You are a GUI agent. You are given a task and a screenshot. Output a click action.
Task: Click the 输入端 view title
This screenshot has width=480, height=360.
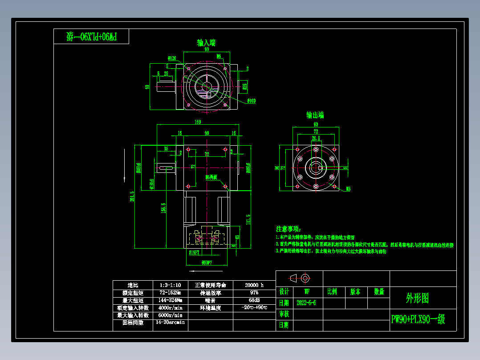click(x=207, y=43)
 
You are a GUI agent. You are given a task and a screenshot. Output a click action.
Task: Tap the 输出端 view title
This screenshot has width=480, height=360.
click(x=315, y=115)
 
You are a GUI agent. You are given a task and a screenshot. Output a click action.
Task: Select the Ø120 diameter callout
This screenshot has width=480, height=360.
click(x=172, y=58)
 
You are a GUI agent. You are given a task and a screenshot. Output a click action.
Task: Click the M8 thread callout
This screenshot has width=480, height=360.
click(x=219, y=56)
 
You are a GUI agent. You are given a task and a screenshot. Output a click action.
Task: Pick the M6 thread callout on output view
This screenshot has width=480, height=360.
click(x=348, y=189)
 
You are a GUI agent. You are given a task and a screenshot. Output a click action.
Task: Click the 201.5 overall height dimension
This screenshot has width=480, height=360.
click(x=132, y=196)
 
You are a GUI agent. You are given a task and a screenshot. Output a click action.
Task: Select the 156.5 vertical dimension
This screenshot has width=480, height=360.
click(x=163, y=209)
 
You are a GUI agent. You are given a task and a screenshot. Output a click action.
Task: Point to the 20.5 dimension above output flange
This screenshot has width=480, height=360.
click(x=316, y=139)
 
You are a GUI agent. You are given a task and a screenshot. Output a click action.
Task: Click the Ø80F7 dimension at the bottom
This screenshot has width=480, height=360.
click(x=206, y=262)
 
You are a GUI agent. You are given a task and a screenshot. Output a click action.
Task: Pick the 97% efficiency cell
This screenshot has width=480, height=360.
click(x=254, y=293)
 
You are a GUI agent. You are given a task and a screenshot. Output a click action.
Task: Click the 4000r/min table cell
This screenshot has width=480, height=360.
click(x=170, y=307)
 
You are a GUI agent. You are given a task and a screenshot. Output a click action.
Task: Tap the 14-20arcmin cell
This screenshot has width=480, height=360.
click(x=169, y=322)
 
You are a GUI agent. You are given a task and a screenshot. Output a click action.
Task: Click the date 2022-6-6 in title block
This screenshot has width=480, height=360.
click(x=306, y=303)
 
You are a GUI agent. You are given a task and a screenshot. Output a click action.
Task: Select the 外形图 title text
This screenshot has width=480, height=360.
click(x=417, y=298)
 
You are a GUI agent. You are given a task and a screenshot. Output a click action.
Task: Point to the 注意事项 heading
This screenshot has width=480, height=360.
click(x=289, y=229)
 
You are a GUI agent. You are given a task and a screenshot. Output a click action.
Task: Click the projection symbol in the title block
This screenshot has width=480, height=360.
click(x=300, y=278)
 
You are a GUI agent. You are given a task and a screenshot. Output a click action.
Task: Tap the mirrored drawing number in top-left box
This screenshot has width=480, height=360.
click(x=91, y=37)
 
